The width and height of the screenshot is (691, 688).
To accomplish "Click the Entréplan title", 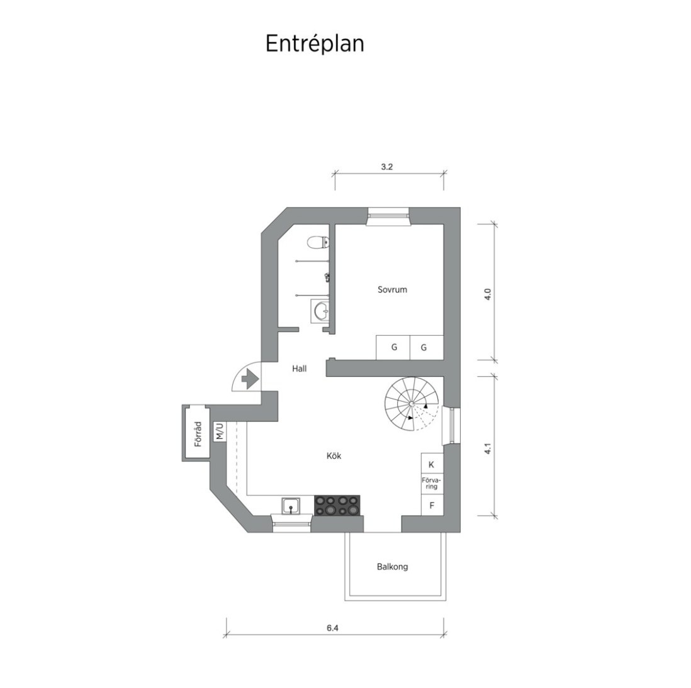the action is coord(315,44).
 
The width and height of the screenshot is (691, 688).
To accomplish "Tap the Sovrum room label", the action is coord(392,290).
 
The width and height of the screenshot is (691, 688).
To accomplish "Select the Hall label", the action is coord(299,369).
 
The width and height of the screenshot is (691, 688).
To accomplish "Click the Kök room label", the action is coord(334,456).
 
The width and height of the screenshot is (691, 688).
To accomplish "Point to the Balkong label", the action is coord(392,567).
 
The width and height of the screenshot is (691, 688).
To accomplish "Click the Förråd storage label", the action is coord(198,435).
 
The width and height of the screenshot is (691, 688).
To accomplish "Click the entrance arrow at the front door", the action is coord(250,379).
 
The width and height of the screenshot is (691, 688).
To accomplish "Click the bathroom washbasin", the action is coord(320,311).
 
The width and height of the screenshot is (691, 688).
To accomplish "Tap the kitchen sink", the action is coord(291,506).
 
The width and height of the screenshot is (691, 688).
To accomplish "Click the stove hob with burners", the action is coord(337,505).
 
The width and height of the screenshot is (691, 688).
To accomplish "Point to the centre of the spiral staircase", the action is coord(411,404).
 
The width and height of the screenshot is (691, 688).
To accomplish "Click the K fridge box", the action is coord(432,464).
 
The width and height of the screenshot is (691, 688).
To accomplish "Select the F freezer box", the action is coord(432,505).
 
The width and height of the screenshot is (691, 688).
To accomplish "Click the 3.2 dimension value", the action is coord(387,167).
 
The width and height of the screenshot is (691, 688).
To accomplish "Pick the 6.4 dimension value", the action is coord(333,628).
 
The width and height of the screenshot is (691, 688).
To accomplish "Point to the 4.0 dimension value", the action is coord(487,294).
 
